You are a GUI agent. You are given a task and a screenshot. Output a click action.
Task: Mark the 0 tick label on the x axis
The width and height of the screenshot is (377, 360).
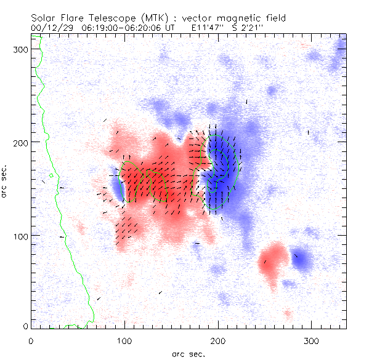(31, 340)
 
